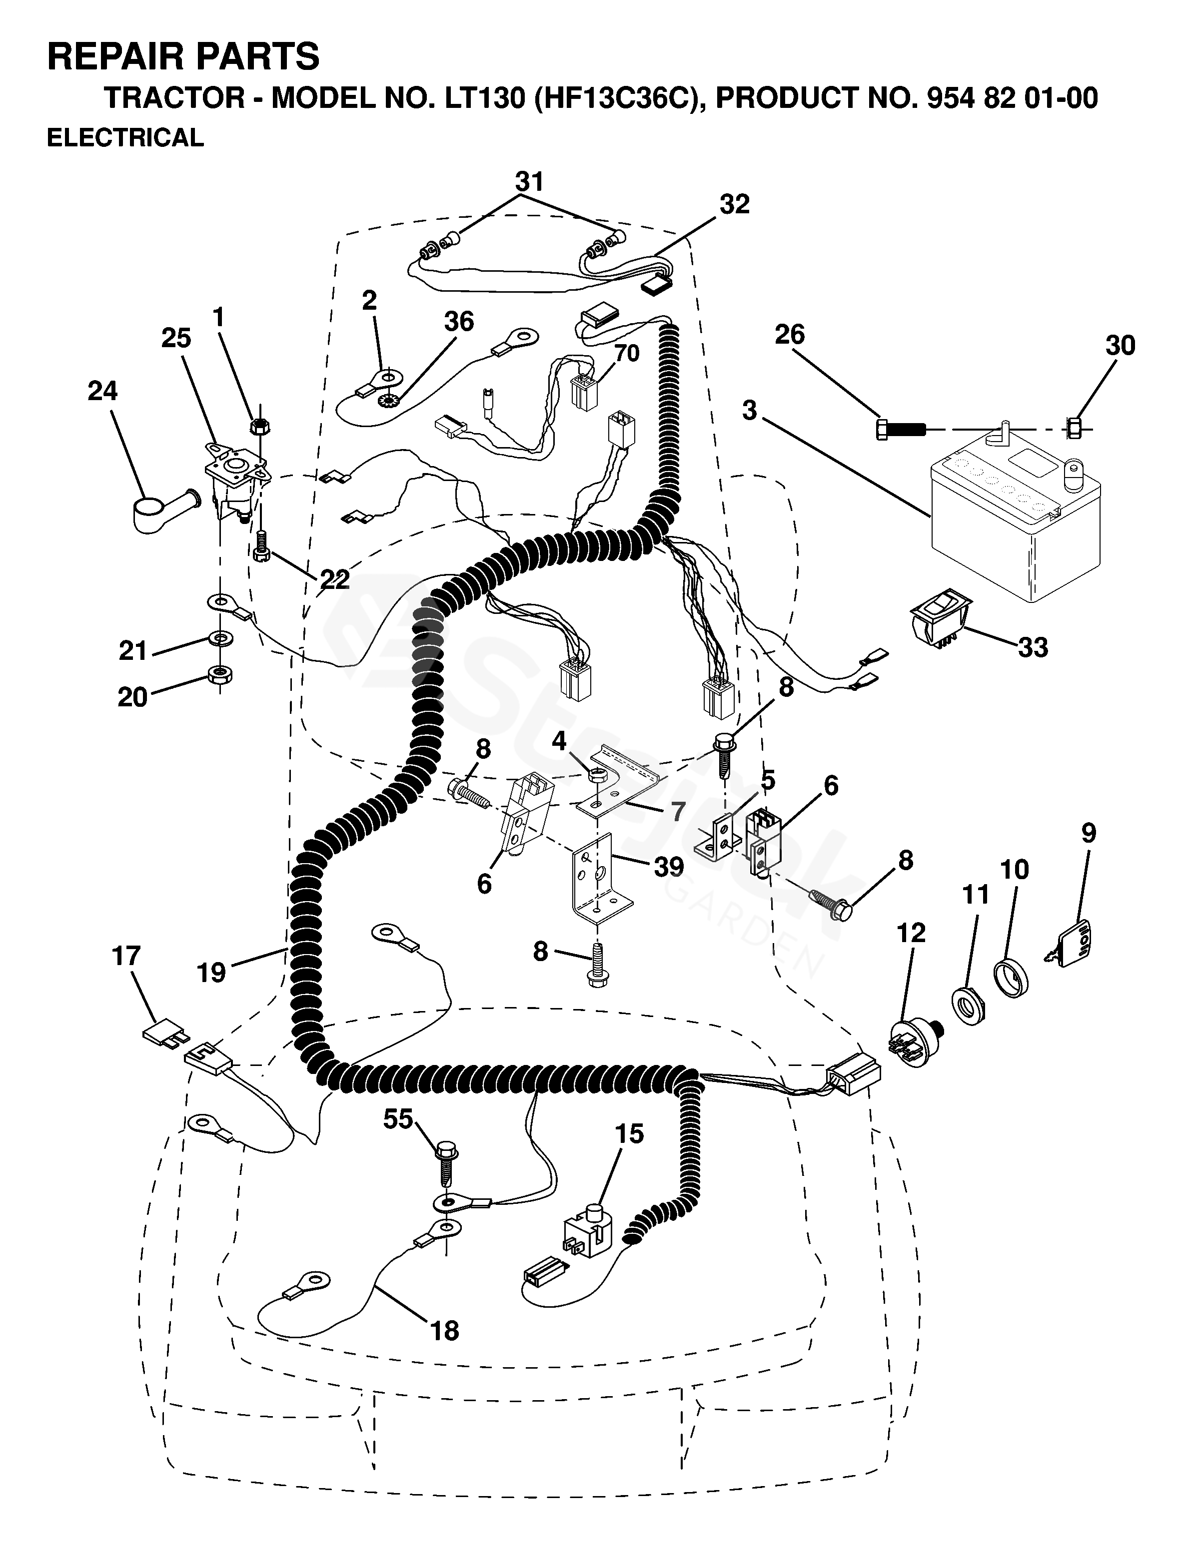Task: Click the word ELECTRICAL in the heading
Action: coord(125,137)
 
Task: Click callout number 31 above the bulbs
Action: coord(530,181)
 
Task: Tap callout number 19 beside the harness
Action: coord(211,972)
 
